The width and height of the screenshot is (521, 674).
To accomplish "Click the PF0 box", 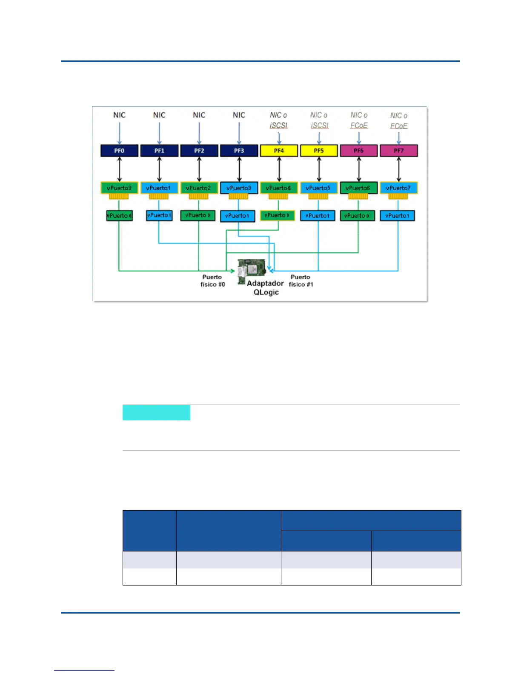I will (119, 151).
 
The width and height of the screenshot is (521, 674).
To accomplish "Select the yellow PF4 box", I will (279, 151).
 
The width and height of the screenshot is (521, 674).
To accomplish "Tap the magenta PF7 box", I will (398, 151).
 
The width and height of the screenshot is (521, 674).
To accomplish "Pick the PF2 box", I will (199, 151).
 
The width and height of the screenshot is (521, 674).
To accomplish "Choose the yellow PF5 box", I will (319, 151).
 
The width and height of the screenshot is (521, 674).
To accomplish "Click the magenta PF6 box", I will (358, 151).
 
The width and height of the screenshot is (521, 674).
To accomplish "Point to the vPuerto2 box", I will (199, 188).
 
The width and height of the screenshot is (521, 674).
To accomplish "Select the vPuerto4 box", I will (279, 188).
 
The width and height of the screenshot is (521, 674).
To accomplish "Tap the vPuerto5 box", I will (318, 188).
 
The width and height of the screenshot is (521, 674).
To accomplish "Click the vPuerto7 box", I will (398, 188).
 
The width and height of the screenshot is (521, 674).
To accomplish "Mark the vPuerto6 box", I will (358, 188).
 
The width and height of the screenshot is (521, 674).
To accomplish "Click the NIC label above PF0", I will (119, 115).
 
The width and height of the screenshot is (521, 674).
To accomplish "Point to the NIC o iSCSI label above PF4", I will (279, 120).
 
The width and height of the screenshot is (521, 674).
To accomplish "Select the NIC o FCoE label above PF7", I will (399, 120).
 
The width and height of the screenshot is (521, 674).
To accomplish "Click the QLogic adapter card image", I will (251, 271).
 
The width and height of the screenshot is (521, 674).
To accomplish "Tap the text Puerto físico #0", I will (212, 281).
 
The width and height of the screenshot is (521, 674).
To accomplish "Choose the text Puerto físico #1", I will (301, 281).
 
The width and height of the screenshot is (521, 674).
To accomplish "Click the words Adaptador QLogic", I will (266, 288).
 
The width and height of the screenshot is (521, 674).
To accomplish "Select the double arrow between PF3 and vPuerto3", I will (239, 169).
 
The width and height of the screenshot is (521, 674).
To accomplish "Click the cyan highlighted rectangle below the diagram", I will (156, 413).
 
